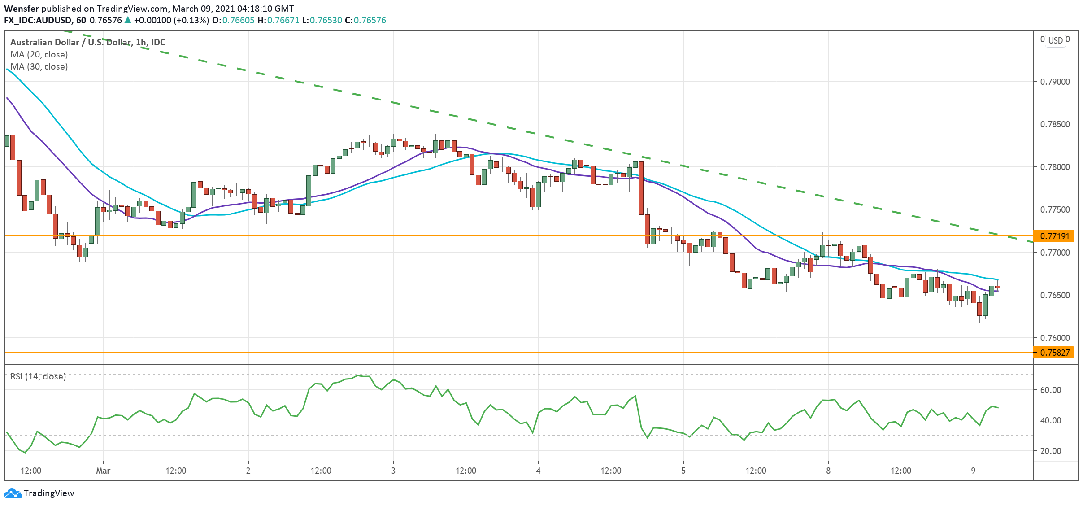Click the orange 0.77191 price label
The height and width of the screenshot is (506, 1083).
coord(1054,236)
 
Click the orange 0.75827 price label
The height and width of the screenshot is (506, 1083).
coord(1054,353)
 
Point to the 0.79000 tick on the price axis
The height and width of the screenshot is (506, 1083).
coord(1054,82)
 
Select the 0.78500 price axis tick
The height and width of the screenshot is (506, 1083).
coord(1054,124)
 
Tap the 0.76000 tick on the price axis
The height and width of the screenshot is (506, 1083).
coord(1054,338)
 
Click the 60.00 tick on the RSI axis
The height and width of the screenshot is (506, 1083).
coord(1050,390)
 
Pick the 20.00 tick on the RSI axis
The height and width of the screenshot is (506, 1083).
coord(1050,451)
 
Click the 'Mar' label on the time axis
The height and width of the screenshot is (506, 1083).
coord(103,471)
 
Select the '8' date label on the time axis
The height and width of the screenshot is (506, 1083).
coord(828,471)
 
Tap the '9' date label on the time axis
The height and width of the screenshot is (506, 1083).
coord(973,471)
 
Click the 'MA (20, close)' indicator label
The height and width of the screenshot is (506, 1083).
coord(39,54)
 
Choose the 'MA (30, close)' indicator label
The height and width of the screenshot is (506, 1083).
coord(39,66)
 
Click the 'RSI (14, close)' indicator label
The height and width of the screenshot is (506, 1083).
coord(38,376)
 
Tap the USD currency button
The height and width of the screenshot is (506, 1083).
coord(1055,40)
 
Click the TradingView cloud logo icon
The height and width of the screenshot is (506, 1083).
coord(13,493)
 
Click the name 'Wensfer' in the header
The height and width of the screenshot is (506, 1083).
coord(22,9)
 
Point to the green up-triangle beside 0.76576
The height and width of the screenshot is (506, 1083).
coord(128,20)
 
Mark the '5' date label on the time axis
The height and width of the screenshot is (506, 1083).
coord(683,471)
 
